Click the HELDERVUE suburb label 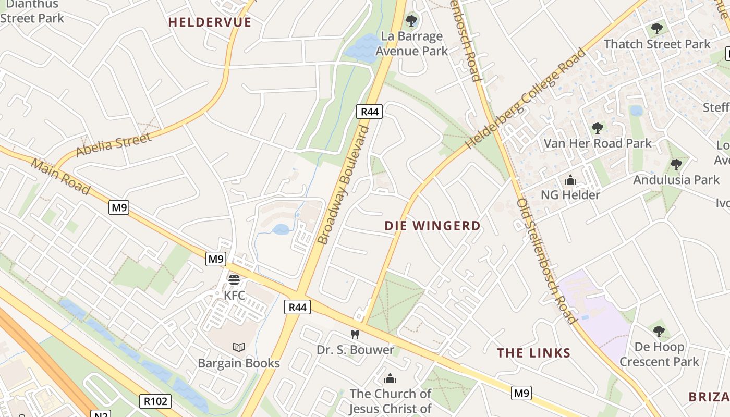click(210, 22)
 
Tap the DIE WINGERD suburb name click(432, 226)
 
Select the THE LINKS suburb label click(533, 353)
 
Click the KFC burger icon click(234, 280)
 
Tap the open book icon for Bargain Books click(239, 347)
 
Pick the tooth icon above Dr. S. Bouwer click(355, 334)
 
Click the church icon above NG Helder click(570, 180)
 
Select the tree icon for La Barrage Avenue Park click(411, 21)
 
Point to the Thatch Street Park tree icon click(657, 29)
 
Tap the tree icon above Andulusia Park click(676, 165)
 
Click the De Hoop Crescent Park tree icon click(659, 331)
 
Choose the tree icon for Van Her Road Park click(598, 128)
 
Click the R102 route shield click(155, 401)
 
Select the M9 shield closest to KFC click(216, 259)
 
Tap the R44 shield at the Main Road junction click(298, 307)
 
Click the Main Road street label click(60, 176)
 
